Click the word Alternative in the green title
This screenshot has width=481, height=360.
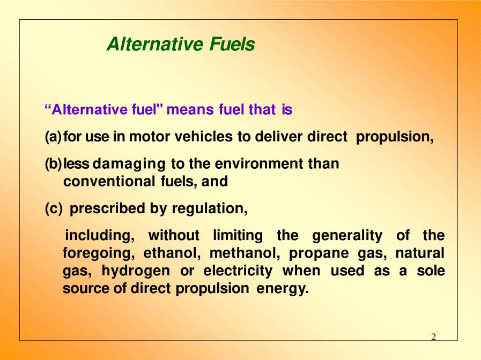click(153, 44)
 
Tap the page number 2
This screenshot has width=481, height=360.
click(434, 337)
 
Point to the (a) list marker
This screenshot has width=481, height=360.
click(53, 137)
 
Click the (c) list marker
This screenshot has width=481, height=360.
click(54, 208)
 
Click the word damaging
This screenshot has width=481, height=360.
click(132, 164)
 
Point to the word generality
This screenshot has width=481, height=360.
click(347, 236)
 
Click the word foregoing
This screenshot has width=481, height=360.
click(95, 253)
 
